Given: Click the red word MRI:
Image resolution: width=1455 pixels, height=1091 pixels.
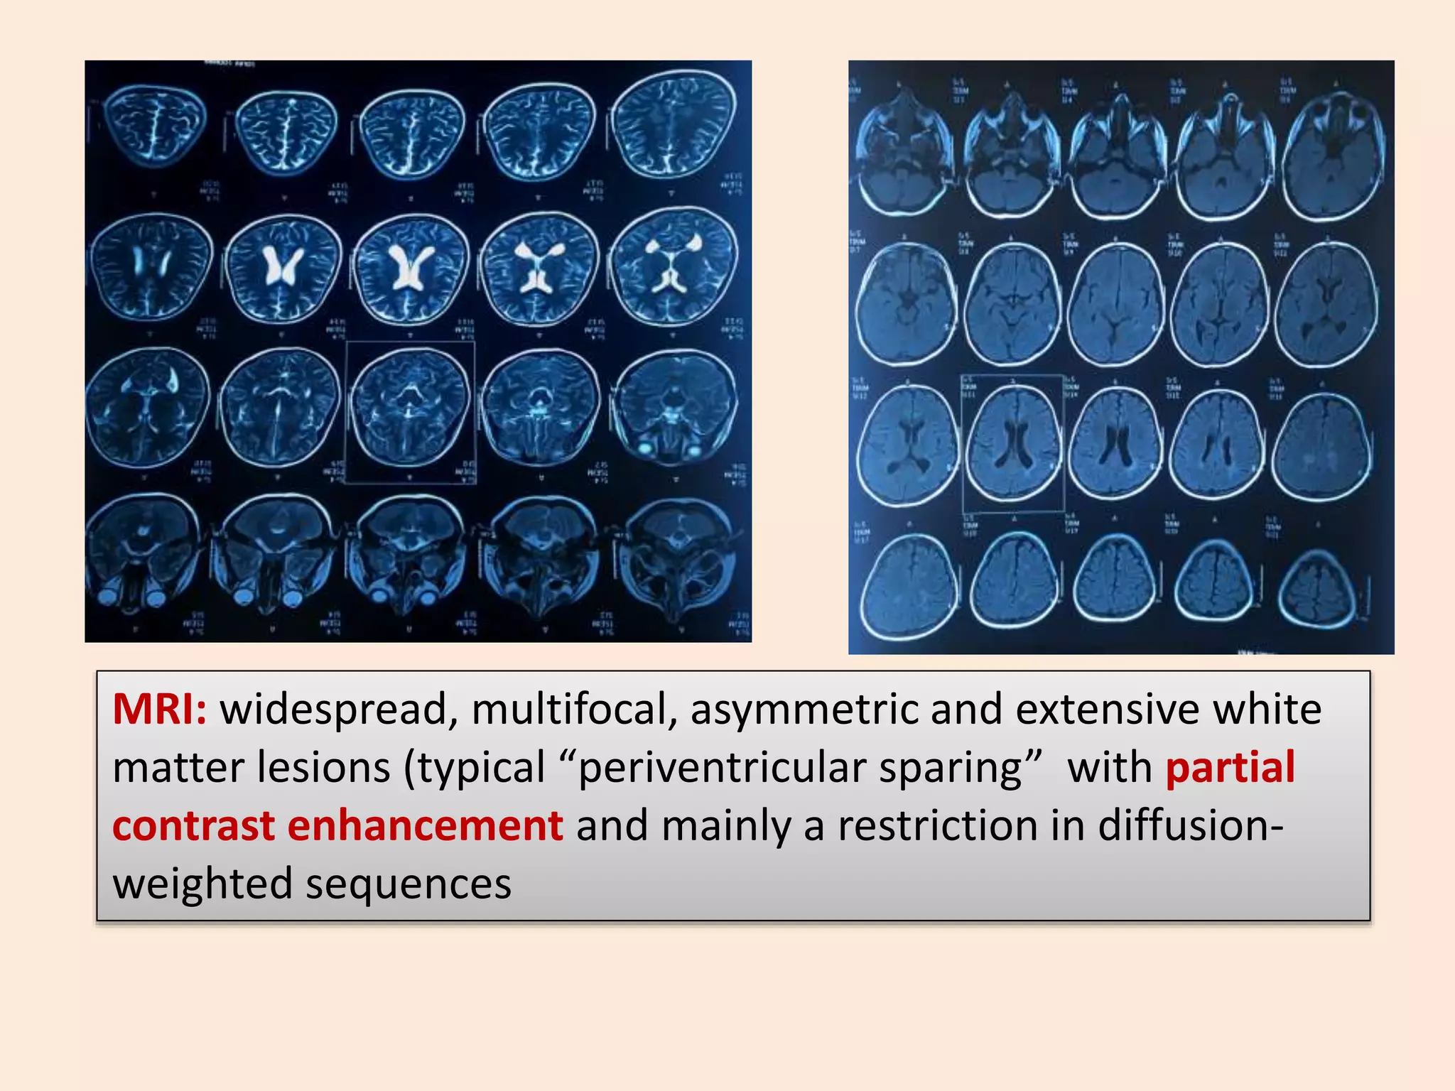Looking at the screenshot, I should point(159,710).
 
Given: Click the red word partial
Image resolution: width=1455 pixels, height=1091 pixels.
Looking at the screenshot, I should point(1230,768).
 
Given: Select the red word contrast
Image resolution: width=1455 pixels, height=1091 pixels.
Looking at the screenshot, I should point(194,826).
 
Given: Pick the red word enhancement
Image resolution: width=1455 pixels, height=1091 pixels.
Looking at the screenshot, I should point(425,826).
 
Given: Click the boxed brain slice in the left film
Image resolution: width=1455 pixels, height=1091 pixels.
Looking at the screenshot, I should point(411,412).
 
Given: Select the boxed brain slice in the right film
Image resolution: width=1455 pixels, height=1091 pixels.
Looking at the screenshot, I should point(1013,444).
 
